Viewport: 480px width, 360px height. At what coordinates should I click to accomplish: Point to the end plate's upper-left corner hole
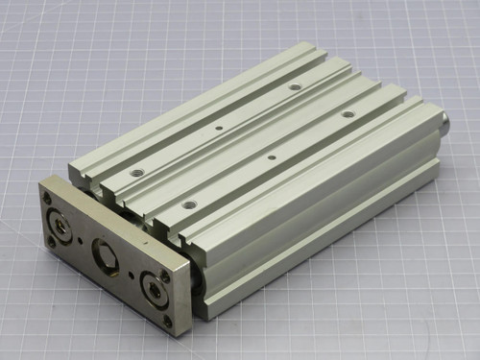pos(47,198)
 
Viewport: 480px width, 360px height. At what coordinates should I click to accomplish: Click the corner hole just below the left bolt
pos(51,242)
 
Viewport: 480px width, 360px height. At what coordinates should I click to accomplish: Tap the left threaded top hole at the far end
pos(294,86)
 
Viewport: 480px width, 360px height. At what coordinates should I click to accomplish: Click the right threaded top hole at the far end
pos(348,114)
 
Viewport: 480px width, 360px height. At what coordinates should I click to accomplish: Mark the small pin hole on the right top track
pos(272,156)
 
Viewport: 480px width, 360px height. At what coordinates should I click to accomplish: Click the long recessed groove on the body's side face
pos(326,230)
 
